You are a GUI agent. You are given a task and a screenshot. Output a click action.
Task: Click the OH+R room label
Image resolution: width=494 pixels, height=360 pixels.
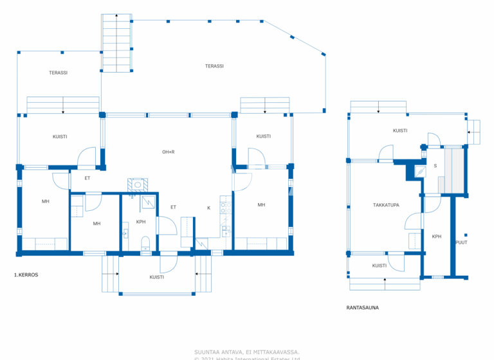[169, 152]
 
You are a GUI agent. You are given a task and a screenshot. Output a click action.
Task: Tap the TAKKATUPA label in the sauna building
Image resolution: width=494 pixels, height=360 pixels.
[386, 205]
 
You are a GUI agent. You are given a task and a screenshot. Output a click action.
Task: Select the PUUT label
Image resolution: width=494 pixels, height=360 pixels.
[461, 243]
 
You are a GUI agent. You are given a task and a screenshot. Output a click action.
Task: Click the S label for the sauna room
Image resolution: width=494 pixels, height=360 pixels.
[435, 166]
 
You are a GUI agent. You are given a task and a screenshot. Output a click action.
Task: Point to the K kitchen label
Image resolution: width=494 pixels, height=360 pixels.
[208, 208]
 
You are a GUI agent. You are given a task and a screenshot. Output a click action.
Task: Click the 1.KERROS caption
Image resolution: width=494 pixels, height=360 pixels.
[26, 274]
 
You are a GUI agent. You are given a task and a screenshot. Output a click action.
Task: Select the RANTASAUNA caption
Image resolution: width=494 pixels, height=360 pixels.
[362, 307]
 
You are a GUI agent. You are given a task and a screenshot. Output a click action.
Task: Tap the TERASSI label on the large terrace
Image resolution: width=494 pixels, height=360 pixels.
[214, 66]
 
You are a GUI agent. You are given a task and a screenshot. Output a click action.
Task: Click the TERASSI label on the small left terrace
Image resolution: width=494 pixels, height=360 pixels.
[58, 73]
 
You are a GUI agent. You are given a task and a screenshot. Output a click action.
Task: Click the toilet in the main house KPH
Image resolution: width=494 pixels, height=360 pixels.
[145, 242]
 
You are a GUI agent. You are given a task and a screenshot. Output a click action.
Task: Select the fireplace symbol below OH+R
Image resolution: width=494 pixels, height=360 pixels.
[138, 185]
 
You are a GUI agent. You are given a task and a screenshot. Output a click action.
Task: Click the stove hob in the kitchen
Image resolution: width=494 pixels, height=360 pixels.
[226, 207]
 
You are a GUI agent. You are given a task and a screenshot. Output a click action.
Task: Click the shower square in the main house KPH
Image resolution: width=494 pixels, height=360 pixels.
[149, 201]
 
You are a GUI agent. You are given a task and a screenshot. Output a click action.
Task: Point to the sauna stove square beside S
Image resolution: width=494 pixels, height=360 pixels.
[420, 171]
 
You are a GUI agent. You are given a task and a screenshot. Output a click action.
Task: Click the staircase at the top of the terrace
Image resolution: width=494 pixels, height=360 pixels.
[116, 42]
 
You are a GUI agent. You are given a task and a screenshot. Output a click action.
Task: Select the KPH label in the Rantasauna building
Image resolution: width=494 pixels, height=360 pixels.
[436, 236]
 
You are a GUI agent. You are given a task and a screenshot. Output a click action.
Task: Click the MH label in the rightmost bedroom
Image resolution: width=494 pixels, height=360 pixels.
[261, 204]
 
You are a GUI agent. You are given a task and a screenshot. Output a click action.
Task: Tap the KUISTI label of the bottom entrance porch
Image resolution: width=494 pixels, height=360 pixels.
[156, 277]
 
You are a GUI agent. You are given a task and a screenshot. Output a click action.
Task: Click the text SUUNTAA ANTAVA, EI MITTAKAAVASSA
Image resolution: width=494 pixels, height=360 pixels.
[246, 352]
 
